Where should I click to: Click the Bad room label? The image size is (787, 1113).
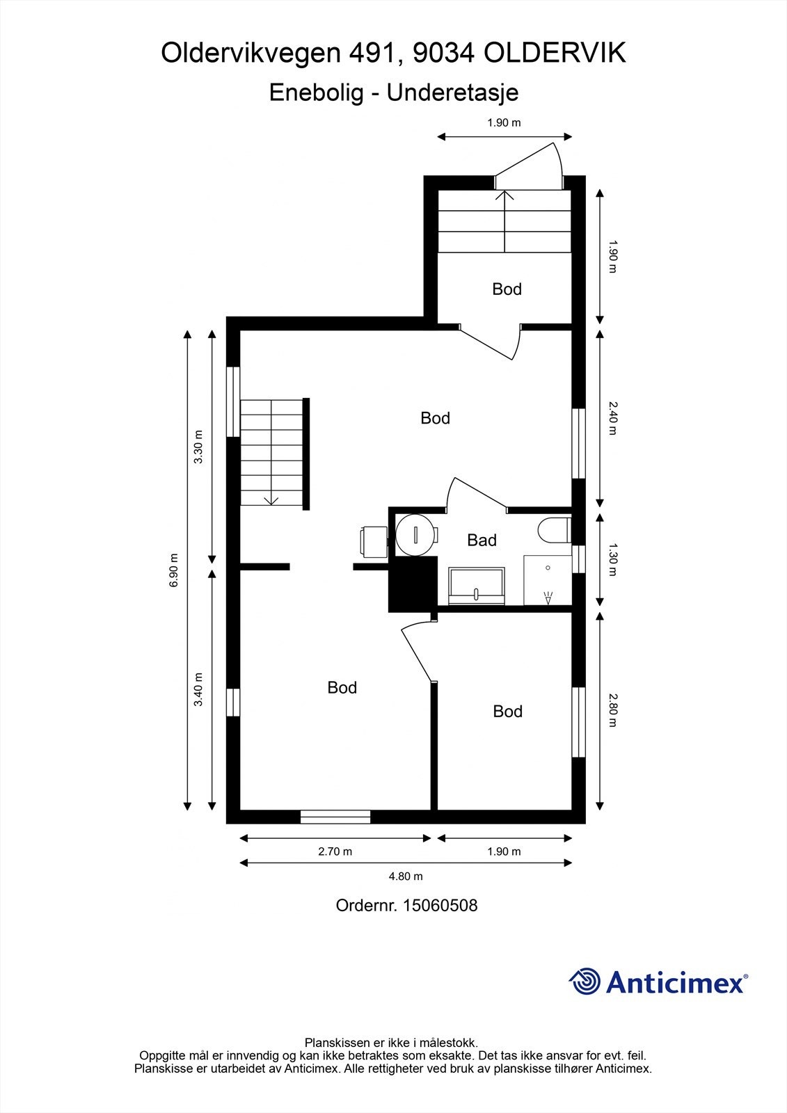(x=482, y=540)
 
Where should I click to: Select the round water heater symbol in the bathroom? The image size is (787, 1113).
(x=415, y=535)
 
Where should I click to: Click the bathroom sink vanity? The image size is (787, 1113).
(x=476, y=586)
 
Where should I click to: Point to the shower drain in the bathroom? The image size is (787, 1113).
(x=548, y=568)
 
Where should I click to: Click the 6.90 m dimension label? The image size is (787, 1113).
(x=173, y=570)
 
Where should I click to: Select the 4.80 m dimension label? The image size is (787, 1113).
(x=406, y=876)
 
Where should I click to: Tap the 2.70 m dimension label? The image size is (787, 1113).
(x=335, y=851)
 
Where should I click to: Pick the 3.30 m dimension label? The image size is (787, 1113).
(x=198, y=447)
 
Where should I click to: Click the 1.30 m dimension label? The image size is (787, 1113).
(x=612, y=559)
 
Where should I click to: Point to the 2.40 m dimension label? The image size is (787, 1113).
(x=612, y=418)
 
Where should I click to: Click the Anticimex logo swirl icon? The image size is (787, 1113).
(x=585, y=982)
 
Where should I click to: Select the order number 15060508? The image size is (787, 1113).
(x=440, y=905)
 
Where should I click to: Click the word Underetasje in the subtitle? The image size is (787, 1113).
(x=453, y=93)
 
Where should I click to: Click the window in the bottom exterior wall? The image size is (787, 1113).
(x=335, y=817)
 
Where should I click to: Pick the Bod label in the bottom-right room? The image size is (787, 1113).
(x=507, y=712)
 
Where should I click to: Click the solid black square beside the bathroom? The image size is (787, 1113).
(x=413, y=584)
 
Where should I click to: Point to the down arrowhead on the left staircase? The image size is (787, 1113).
(x=271, y=501)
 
